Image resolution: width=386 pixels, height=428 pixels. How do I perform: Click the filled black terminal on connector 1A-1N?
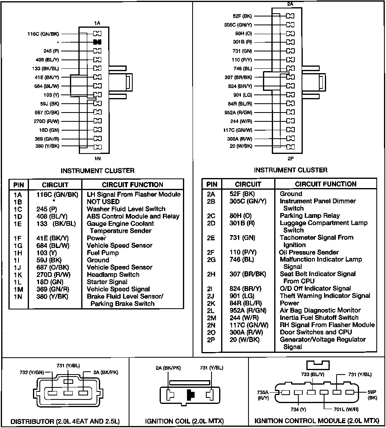[97, 42]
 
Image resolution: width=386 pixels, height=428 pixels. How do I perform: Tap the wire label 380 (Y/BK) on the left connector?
[47, 146]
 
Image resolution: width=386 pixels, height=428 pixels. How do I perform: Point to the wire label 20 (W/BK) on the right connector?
[242, 146]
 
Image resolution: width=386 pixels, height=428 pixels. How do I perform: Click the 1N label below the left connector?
[97, 158]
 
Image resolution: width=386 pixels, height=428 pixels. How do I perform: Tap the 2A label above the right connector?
[290, 4]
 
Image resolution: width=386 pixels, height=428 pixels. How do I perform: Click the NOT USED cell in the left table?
[103, 201]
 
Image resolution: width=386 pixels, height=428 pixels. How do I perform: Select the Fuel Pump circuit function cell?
[103, 253]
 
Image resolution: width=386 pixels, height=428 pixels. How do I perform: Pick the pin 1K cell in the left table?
[17, 274]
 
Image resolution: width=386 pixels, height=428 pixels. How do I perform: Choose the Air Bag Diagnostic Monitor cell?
[314, 310]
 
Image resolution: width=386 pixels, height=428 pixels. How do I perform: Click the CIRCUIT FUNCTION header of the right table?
[326, 184]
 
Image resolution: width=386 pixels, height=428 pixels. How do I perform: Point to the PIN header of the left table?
[18, 185]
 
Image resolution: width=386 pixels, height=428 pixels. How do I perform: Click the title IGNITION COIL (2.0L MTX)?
[185, 421]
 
